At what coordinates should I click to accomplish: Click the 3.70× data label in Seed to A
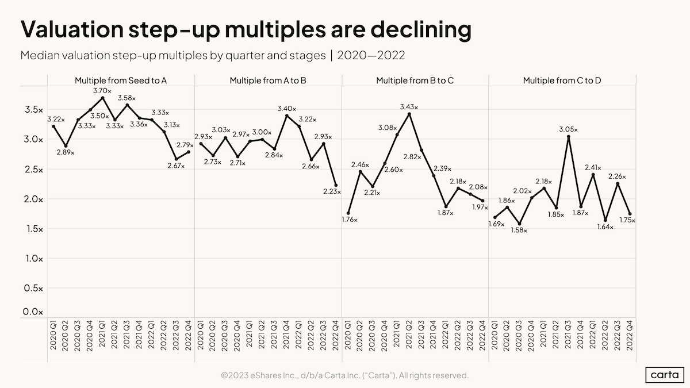click(x=102, y=90)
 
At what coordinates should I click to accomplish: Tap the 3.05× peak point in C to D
click(x=568, y=137)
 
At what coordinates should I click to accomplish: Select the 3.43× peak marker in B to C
click(x=409, y=114)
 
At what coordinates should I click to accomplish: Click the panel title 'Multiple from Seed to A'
click(x=121, y=80)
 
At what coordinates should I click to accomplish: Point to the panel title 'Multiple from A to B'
click(x=268, y=80)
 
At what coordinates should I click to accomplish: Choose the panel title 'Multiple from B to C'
click(x=415, y=80)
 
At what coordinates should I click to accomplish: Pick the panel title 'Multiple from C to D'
click(x=562, y=80)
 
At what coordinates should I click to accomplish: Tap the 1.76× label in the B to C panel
click(x=348, y=221)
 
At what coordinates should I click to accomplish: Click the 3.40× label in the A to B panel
click(x=286, y=109)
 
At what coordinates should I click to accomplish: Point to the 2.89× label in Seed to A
click(x=65, y=153)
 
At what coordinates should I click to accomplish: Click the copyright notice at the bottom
click(x=344, y=375)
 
